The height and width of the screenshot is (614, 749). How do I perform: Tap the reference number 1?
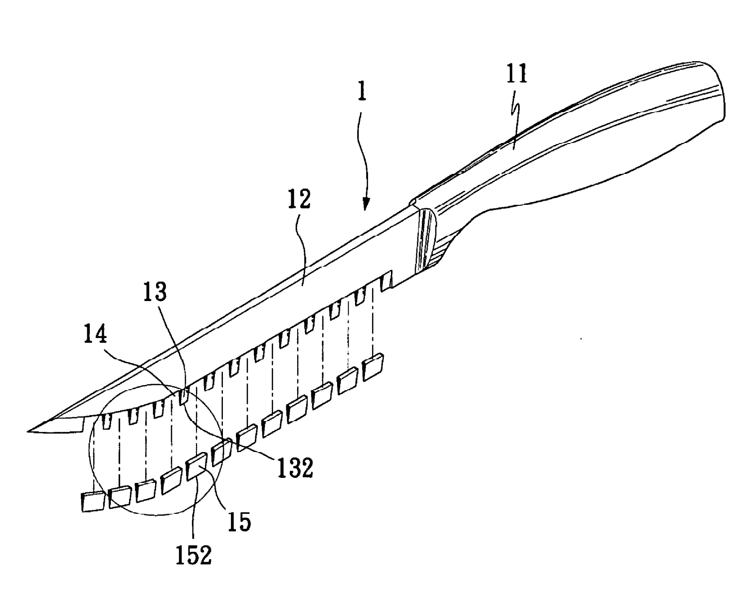[x=363, y=92]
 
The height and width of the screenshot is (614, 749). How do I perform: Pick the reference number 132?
[x=295, y=468]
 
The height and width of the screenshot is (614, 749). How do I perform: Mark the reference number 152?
[x=194, y=555]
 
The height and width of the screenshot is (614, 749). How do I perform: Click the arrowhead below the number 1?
[x=366, y=204]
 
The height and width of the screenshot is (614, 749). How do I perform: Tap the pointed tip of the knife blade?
[x=30, y=429]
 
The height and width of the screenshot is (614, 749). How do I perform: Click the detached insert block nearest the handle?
[x=373, y=368]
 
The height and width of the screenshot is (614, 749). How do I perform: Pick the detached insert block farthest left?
[x=92, y=501]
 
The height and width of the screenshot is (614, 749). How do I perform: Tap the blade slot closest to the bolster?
[x=385, y=282]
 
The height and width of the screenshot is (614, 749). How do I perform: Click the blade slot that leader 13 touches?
[x=184, y=396]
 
